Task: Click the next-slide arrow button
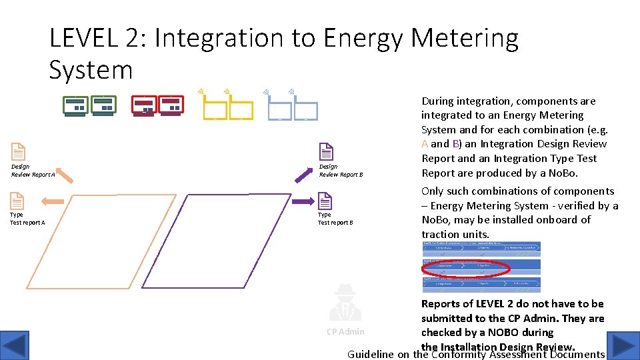tap(625, 346)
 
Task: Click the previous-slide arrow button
tap(15, 346)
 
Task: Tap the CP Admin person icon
tap(345, 302)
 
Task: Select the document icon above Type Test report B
tap(325, 201)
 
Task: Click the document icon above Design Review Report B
tap(326, 152)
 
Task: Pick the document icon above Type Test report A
tap(17, 201)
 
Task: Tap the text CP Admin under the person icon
tap(345, 332)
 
